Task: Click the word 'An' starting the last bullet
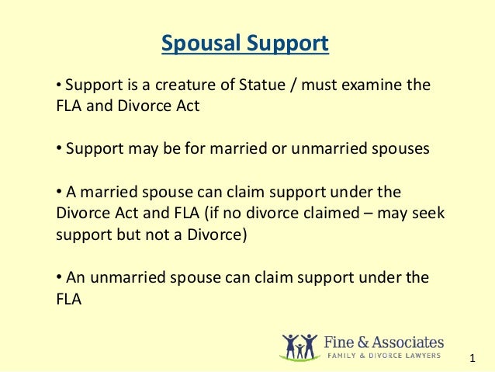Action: point(74,277)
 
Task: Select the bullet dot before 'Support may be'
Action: point(58,149)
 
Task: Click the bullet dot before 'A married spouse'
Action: point(58,192)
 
